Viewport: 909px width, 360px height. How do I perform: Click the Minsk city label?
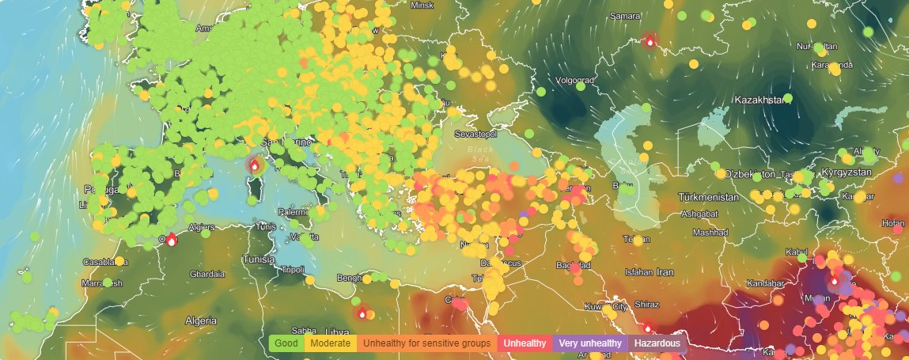tap(422, 5)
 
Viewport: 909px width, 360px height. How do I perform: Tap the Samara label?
tap(626, 16)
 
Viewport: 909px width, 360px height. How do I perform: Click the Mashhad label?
tap(710, 233)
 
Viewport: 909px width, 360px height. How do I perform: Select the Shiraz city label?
tap(647, 304)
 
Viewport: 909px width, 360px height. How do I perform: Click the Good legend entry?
tap(286, 343)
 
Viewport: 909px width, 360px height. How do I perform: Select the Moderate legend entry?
tap(331, 343)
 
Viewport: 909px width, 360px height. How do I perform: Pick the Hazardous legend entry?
tap(656, 343)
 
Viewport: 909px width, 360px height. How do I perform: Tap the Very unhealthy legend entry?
tap(589, 343)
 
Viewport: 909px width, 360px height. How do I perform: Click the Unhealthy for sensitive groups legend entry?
tap(427, 343)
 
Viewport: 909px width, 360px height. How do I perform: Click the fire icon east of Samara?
tap(650, 41)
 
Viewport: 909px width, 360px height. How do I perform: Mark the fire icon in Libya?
tap(362, 313)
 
